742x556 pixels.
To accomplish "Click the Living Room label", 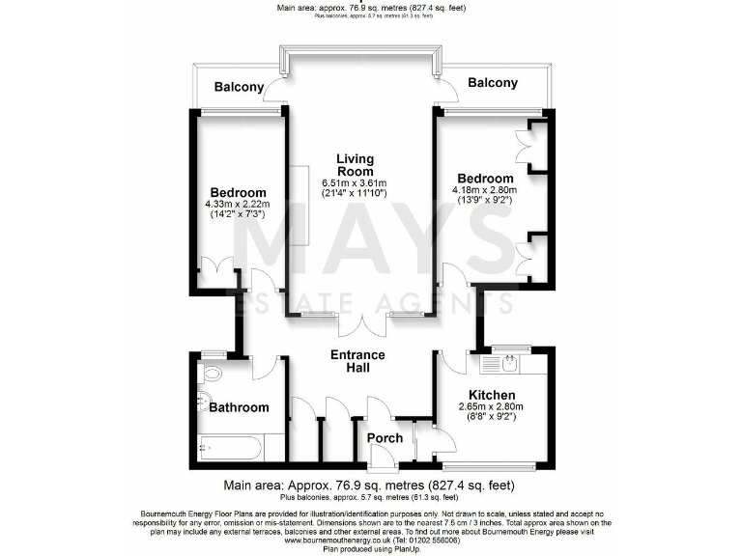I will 355,165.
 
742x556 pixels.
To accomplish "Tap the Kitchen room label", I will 491,395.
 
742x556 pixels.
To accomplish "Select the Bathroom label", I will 239,407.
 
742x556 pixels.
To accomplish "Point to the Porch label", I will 386,438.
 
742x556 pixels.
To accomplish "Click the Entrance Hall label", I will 357,361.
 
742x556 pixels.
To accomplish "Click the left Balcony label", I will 239,87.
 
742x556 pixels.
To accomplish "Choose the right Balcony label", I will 492,83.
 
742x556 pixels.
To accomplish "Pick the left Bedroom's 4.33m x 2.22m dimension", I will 238,205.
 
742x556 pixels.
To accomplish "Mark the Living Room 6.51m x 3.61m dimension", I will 355,182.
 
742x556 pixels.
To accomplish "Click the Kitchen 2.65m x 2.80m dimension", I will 491,407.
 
